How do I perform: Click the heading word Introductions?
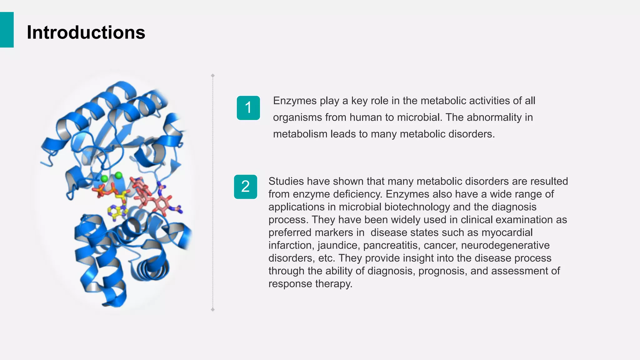point(86,32)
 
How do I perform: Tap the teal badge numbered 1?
point(248,108)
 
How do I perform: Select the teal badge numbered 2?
point(246,187)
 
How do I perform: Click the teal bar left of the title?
point(7,30)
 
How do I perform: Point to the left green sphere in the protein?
point(104,179)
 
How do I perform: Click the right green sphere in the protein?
point(118,175)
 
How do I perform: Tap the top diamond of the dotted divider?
point(213,76)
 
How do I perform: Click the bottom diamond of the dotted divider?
point(213,309)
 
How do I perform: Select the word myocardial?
point(507,232)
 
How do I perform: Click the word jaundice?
point(338,245)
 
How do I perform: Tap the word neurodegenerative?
point(505,245)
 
